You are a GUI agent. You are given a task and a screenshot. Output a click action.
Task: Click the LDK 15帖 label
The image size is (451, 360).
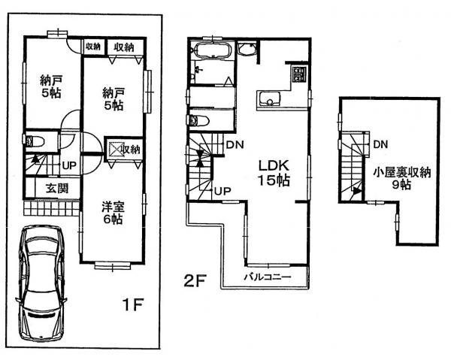point(275,172)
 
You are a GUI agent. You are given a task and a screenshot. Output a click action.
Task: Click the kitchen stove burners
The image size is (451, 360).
point(299,75)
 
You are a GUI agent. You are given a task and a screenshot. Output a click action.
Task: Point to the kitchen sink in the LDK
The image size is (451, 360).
point(269,100)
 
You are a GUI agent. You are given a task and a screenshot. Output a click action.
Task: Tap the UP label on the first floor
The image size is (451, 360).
point(68,165)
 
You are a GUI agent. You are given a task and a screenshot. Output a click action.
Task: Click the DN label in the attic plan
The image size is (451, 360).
point(380,144)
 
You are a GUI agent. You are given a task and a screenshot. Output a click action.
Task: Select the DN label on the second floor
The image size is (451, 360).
point(234,144)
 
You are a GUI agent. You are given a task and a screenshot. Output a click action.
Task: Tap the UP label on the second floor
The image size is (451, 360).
point(222,191)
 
